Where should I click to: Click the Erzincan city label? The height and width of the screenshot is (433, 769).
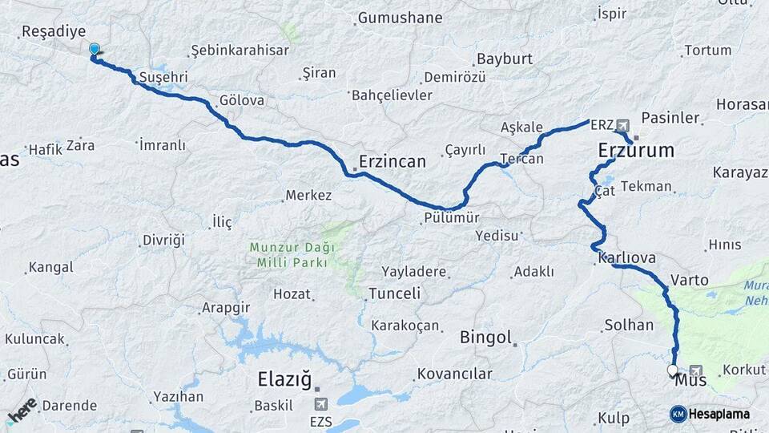point(393,161)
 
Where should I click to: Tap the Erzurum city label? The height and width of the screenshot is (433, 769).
point(636,150)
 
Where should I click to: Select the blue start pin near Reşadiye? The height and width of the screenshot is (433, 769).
point(95,50)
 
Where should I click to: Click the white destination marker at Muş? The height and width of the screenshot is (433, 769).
point(672,370)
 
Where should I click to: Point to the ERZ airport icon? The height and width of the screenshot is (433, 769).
point(624,126)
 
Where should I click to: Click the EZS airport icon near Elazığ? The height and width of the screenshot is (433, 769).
point(322,404)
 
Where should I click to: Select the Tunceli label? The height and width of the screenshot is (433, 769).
point(394,293)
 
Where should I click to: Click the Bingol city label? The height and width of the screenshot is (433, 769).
point(485,338)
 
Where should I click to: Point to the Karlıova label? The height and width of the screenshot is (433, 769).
point(627,258)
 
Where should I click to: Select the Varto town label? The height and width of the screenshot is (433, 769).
point(689,280)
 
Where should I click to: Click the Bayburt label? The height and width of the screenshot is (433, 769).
point(505,59)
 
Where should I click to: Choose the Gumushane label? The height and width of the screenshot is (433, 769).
point(400,17)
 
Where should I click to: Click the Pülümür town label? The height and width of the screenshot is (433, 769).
point(453,217)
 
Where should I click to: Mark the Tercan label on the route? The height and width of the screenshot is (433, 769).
point(522,159)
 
